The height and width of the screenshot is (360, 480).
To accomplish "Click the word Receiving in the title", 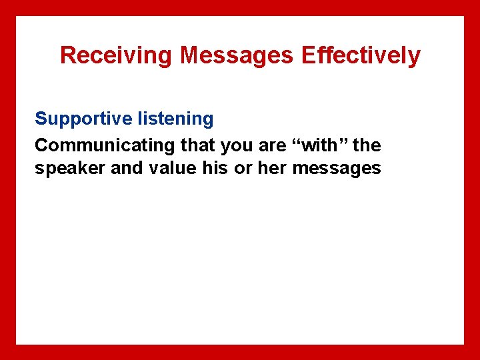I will point(117,55).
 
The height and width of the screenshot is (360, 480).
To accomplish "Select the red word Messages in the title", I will point(237,55).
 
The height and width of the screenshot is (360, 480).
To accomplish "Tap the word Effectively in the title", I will point(361,55).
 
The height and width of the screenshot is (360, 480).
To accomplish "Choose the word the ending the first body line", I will point(367,145).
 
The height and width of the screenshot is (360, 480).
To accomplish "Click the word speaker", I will point(70,169).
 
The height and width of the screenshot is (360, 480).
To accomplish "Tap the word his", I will point(214,168).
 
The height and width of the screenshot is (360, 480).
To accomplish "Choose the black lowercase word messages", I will point(337,169).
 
